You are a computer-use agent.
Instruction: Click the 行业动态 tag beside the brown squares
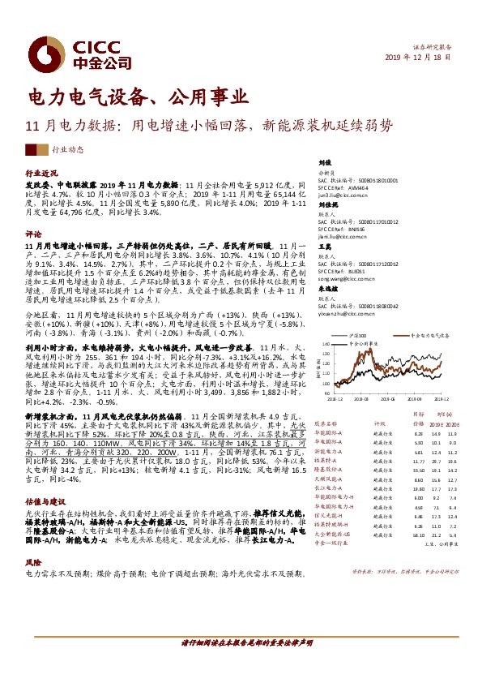pos(69,150)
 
